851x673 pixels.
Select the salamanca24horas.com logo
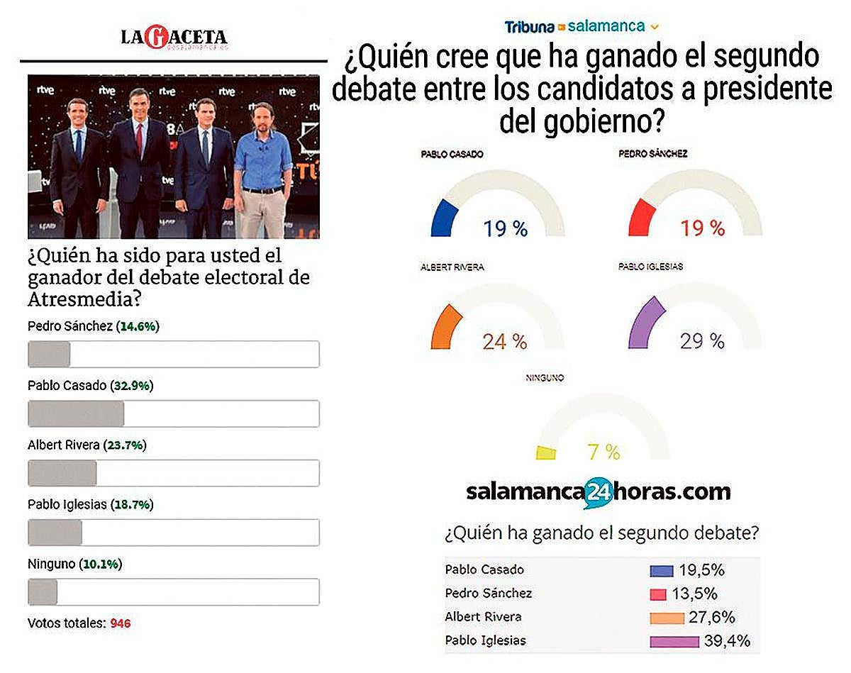[598, 491]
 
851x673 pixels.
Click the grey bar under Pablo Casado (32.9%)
[76, 413]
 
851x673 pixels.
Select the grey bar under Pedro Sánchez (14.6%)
[49, 354]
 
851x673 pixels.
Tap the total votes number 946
[121, 623]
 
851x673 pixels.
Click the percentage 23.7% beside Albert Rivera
[125, 445]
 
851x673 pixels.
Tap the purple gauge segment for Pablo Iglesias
[646, 323]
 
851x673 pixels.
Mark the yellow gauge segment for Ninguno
[546, 452]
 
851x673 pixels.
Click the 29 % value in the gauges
[702, 341]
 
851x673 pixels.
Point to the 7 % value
[604, 451]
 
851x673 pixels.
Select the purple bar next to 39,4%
[674, 641]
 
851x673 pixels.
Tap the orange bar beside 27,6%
[667, 618]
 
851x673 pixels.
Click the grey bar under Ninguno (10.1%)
[43, 591]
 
